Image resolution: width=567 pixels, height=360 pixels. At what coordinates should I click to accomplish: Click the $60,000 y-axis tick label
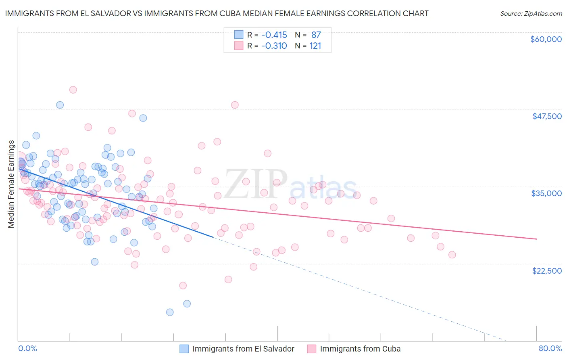click(x=546, y=39)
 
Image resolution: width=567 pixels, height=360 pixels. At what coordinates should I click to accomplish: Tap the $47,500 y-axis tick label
click(x=547, y=116)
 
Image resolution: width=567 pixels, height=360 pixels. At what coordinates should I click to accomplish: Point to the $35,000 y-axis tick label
click(x=546, y=193)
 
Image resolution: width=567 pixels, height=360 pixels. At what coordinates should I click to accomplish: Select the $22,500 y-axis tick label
click(x=547, y=271)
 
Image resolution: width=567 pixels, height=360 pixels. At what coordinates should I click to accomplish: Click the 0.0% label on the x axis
click(x=27, y=349)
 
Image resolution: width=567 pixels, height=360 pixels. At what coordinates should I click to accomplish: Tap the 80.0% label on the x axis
click(x=550, y=349)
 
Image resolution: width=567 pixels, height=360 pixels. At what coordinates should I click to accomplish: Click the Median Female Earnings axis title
click(x=11, y=184)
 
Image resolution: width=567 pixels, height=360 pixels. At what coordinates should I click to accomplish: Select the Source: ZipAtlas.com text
click(x=531, y=13)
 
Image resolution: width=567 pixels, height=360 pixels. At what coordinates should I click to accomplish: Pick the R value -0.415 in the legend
click(x=274, y=35)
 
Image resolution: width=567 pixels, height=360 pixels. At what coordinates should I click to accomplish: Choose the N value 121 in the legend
click(x=315, y=46)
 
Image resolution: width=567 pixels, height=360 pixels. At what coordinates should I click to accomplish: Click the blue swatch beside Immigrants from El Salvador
click(x=184, y=349)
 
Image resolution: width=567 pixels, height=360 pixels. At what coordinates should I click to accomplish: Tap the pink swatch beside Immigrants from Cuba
click(x=311, y=349)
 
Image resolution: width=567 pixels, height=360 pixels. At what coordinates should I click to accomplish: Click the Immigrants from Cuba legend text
click(x=360, y=349)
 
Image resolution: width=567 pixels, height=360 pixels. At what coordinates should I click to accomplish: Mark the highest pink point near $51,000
click(x=73, y=90)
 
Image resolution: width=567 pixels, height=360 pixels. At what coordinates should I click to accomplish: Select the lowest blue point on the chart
click(x=170, y=312)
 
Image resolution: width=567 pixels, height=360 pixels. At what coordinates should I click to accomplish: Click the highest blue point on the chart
click(x=60, y=105)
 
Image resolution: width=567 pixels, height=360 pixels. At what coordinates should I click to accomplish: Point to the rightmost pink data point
click(x=452, y=255)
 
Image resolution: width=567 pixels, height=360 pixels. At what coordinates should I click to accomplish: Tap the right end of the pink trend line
click(x=537, y=239)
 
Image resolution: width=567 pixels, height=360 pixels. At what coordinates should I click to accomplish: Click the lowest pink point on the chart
click(x=183, y=285)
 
